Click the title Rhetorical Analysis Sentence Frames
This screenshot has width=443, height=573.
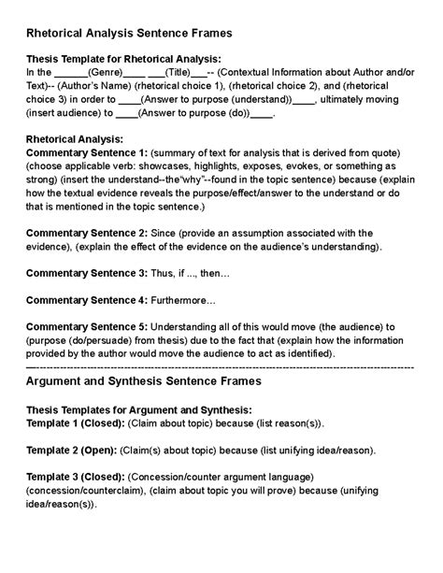[x=129, y=33]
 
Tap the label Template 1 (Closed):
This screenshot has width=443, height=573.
[x=75, y=423]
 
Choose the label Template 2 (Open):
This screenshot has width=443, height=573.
[x=70, y=450]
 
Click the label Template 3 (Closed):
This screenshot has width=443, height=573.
[x=75, y=477]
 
